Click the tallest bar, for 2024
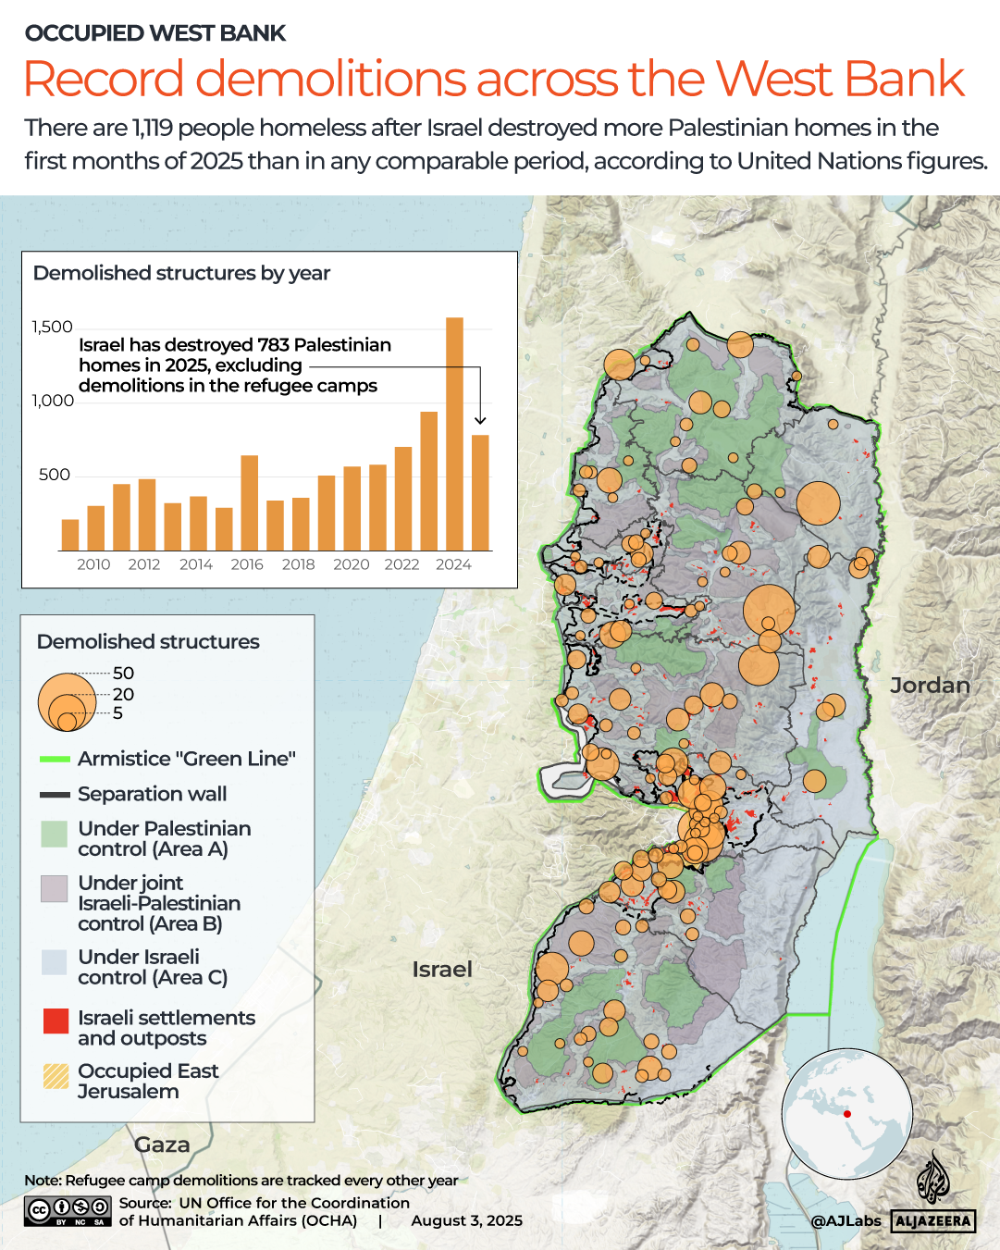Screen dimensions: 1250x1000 [454, 434]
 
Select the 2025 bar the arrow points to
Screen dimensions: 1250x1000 [480, 492]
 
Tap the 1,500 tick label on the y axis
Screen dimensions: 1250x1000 [52, 327]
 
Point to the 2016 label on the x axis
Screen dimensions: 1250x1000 [247, 564]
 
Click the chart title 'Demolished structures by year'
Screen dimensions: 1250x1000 [181, 273]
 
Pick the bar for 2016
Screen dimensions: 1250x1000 [249, 502]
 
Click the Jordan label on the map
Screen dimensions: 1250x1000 [929, 686]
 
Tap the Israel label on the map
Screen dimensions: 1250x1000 [442, 969]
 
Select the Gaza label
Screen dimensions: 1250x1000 [162, 1145]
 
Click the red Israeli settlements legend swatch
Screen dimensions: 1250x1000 [56, 1021]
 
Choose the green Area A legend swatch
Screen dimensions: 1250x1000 [55, 834]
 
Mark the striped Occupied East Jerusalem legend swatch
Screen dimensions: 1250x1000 [56, 1076]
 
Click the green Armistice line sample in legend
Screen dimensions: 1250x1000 [56, 760]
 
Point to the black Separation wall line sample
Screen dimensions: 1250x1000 [56, 795]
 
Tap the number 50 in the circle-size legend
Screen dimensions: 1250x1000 [123, 673]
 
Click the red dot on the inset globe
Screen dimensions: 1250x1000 [846, 1113]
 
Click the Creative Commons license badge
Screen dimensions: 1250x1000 [68, 1210]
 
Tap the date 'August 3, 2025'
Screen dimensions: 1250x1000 [466, 1220]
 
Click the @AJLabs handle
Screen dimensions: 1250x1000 [846, 1220]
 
